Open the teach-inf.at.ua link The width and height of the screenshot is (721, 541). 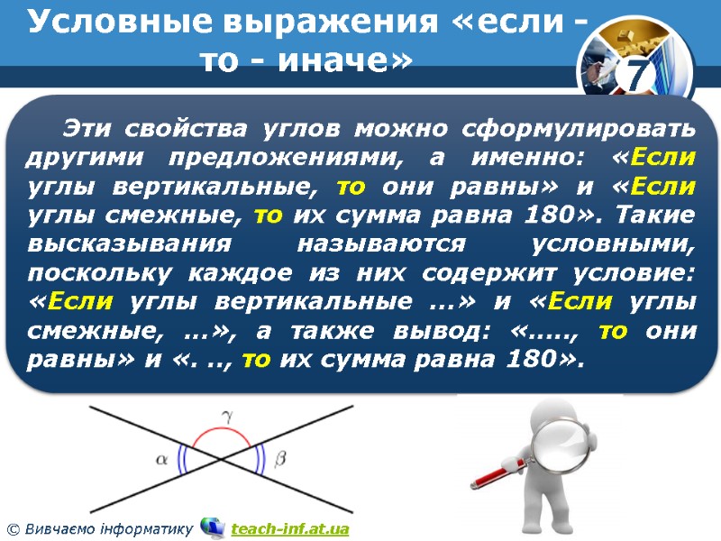(289, 527)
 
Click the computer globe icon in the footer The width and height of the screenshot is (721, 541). (213, 526)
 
